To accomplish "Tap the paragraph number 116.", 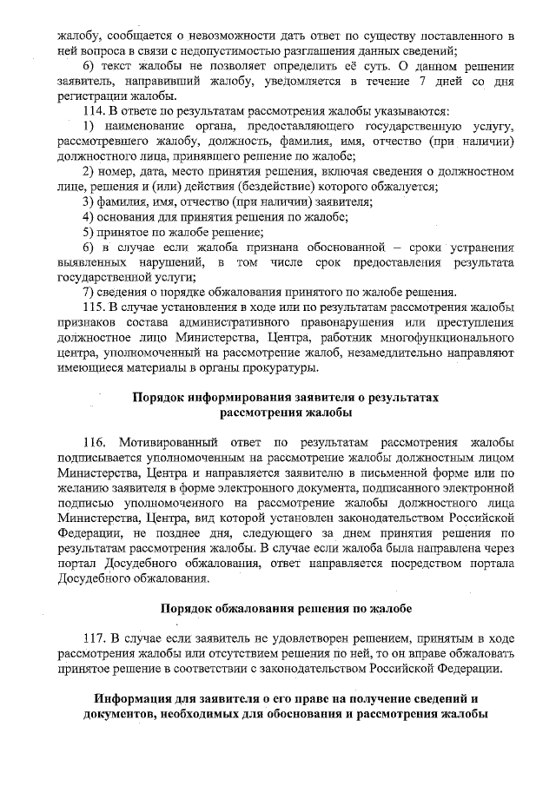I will click(94, 440).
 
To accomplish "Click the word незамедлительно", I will click(402, 354).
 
